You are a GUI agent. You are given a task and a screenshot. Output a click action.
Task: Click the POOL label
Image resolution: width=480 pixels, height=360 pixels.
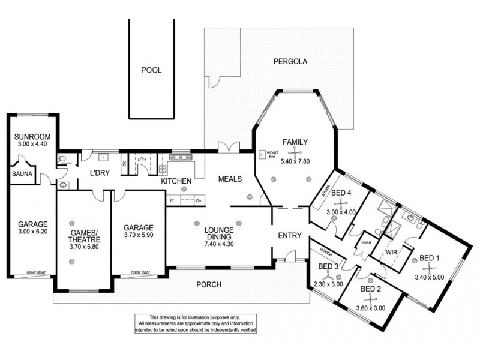[151, 70]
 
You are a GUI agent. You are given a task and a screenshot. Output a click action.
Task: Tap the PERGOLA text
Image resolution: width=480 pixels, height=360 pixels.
[290, 61]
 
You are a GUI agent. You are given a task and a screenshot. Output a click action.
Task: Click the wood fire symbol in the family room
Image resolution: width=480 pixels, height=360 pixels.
[263, 154]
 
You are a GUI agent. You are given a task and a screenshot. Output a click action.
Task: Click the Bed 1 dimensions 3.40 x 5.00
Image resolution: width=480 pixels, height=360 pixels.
[429, 278]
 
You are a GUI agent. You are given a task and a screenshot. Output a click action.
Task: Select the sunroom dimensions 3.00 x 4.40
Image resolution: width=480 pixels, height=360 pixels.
[32, 145]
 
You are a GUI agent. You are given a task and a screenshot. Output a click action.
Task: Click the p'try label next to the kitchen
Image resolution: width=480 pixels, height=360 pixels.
[142, 159]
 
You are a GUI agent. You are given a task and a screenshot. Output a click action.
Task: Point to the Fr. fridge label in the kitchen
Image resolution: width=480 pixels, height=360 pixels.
[172, 201]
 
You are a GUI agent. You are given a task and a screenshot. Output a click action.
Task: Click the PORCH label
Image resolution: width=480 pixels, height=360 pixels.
[209, 284]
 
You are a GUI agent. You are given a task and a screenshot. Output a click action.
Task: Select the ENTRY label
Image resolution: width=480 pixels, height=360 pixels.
[290, 235]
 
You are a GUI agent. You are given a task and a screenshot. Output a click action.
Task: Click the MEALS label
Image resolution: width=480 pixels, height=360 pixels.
[230, 178]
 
